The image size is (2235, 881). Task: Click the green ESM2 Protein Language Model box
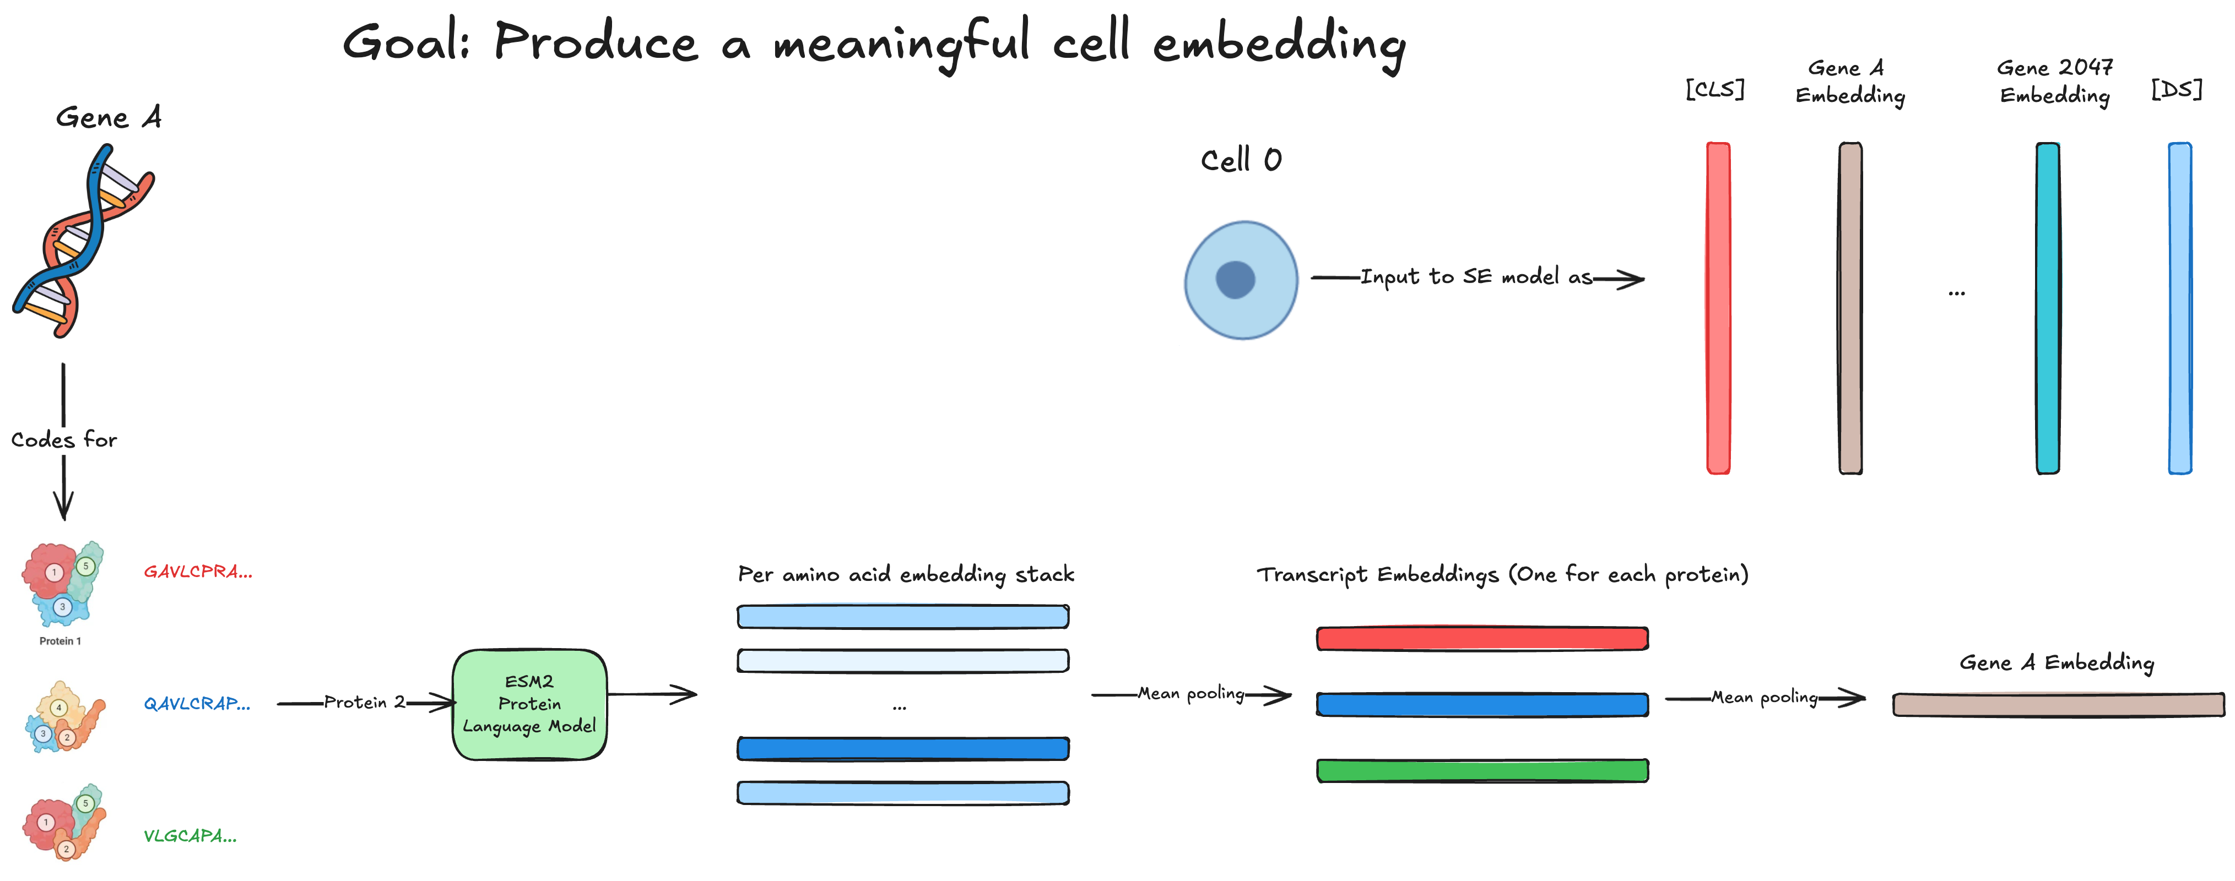pyautogui.click(x=529, y=704)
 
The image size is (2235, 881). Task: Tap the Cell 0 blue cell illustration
pyautogui.click(x=1241, y=279)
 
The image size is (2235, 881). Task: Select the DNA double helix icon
pyautogui.click(x=83, y=241)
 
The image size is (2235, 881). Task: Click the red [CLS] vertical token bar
pyautogui.click(x=1718, y=308)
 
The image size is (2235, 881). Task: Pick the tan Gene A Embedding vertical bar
pyautogui.click(x=1850, y=308)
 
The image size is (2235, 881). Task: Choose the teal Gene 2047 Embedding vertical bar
pyautogui.click(x=2048, y=308)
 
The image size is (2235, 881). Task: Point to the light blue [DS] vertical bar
pyautogui.click(x=2179, y=308)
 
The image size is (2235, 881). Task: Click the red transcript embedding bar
pyautogui.click(x=1482, y=638)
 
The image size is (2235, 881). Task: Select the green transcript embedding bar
pyautogui.click(x=1482, y=770)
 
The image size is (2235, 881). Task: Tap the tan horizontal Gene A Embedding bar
pyautogui.click(x=2058, y=704)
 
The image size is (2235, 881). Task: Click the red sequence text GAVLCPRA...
pyautogui.click(x=198, y=572)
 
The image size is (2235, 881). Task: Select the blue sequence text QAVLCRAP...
pyautogui.click(x=197, y=703)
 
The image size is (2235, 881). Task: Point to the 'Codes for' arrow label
pyautogui.click(x=63, y=439)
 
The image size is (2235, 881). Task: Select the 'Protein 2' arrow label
pyautogui.click(x=364, y=703)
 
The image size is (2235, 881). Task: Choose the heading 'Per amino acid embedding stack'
pyautogui.click(x=906, y=574)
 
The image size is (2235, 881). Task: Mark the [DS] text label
pyautogui.click(x=2176, y=89)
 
